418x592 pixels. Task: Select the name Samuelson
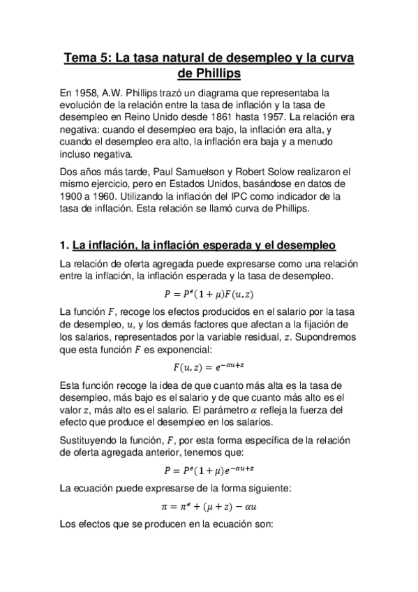pyautogui.click(x=209, y=171)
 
